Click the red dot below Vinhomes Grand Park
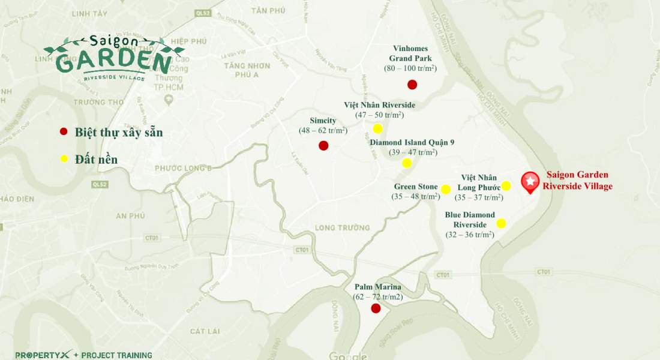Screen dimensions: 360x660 (412, 85)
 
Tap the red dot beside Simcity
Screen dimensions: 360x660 (323, 145)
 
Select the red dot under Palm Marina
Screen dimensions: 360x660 (376, 308)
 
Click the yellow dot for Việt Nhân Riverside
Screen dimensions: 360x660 (377, 128)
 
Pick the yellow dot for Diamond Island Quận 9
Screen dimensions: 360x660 (407, 163)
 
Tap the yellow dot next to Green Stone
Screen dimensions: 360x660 (446, 190)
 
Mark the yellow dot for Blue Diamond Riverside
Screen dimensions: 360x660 (501, 223)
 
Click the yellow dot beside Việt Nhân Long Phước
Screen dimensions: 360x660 (506, 186)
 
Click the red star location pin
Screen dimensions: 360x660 (530, 182)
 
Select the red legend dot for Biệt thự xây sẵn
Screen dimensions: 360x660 (64, 132)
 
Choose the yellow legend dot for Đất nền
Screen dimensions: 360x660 (64, 159)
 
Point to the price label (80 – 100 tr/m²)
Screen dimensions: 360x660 (410, 68)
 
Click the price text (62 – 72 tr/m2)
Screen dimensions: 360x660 (378, 297)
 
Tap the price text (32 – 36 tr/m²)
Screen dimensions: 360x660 (470, 235)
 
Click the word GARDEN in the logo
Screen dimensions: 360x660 (113, 62)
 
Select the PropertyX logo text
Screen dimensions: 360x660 (43, 355)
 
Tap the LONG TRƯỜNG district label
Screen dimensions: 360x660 (343, 228)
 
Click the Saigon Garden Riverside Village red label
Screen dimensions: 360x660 (578, 181)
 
